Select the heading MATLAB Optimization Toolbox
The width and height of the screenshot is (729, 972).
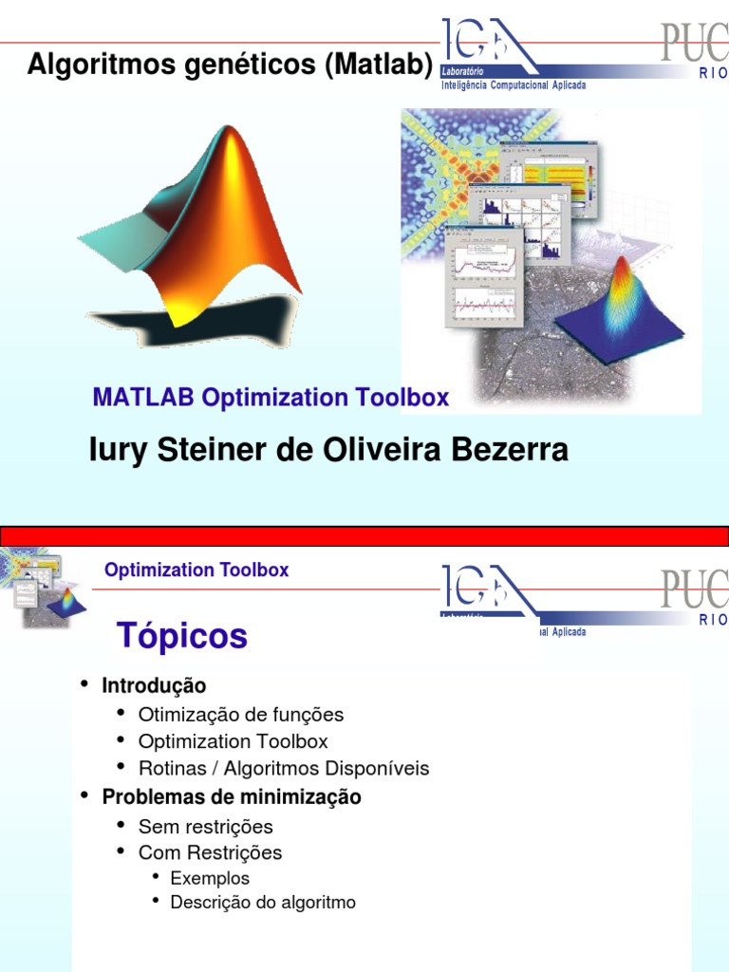pos(271,398)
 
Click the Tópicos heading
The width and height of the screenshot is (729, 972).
pos(181,635)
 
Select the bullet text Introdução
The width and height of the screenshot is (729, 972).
pos(154,685)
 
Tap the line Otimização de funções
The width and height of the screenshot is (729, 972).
pos(241,715)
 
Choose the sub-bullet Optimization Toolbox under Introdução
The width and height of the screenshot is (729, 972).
pos(234,741)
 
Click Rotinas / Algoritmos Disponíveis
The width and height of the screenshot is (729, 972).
pos(284,768)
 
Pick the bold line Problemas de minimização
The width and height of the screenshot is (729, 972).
pos(232,797)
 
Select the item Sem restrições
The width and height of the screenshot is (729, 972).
pos(206,826)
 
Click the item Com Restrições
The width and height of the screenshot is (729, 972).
pos(210,852)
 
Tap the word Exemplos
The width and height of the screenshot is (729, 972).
pos(210,878)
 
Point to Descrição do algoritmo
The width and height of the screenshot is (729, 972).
pos(263,903)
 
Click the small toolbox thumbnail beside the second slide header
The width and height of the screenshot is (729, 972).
pos(42,590)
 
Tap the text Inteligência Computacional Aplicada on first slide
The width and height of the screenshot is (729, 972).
pos(514,85)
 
